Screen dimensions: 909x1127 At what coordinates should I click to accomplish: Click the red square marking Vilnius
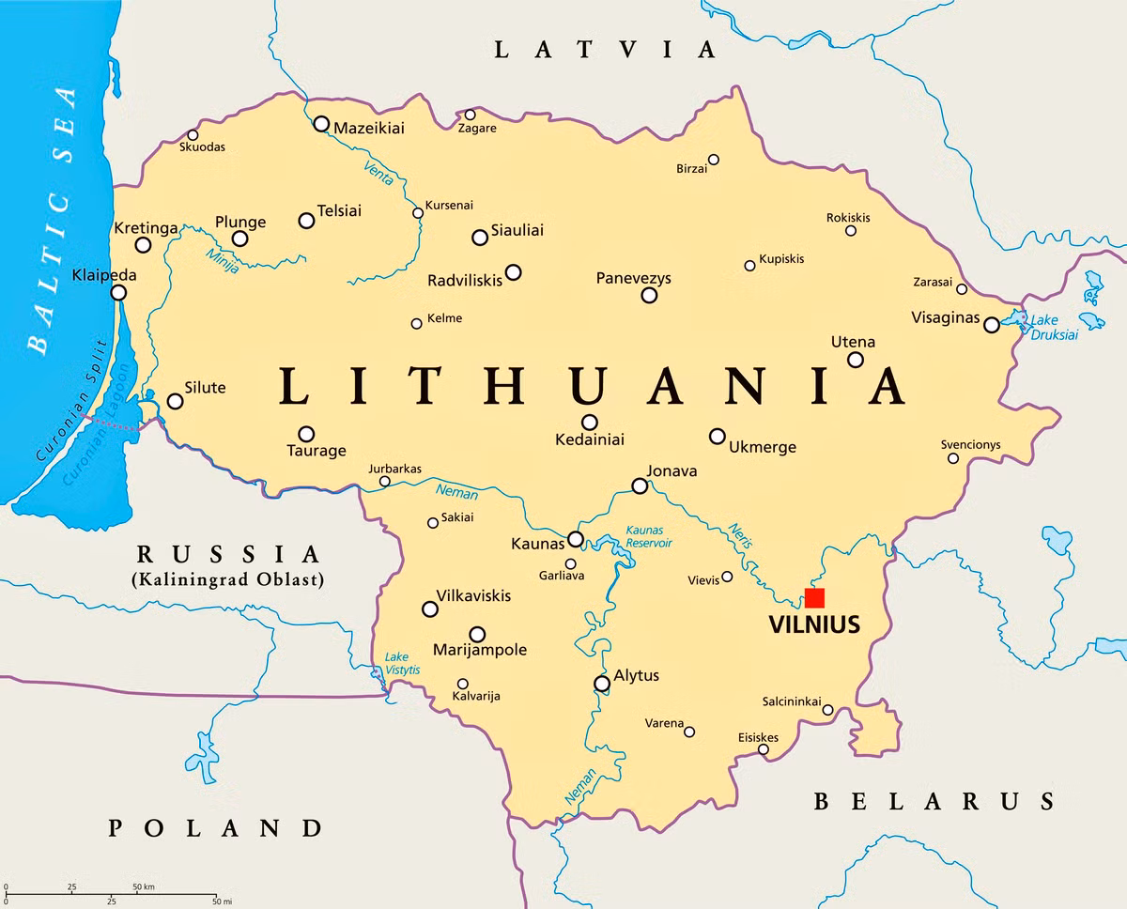(814, 598)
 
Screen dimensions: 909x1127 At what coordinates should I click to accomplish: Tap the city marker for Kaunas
(576, 539)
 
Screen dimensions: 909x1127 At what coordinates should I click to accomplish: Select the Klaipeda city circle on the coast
(118, 293)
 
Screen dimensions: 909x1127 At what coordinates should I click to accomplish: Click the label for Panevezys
(634, 279)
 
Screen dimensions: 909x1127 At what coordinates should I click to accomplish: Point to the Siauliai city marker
(480, 238)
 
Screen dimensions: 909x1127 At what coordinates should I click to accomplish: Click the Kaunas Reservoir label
(649, 536)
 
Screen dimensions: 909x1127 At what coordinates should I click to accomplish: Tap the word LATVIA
(605, 50)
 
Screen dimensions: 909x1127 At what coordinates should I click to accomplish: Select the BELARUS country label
(934, 801)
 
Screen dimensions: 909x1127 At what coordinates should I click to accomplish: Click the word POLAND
(215, 827)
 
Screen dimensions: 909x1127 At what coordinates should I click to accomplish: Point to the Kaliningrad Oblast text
(228, 579)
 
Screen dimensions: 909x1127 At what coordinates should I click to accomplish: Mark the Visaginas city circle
(992, 325)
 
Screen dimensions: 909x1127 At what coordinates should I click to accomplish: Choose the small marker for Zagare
(470, 115)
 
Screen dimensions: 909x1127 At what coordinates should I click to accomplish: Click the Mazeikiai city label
(369, 128)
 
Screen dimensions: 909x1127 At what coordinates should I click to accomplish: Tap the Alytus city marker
(602, 684)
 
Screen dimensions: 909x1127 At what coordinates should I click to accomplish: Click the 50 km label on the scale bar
(143, 886)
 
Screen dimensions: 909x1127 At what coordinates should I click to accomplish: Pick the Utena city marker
(856, 360)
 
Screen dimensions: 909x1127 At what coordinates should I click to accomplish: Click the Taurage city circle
(306, 434)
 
